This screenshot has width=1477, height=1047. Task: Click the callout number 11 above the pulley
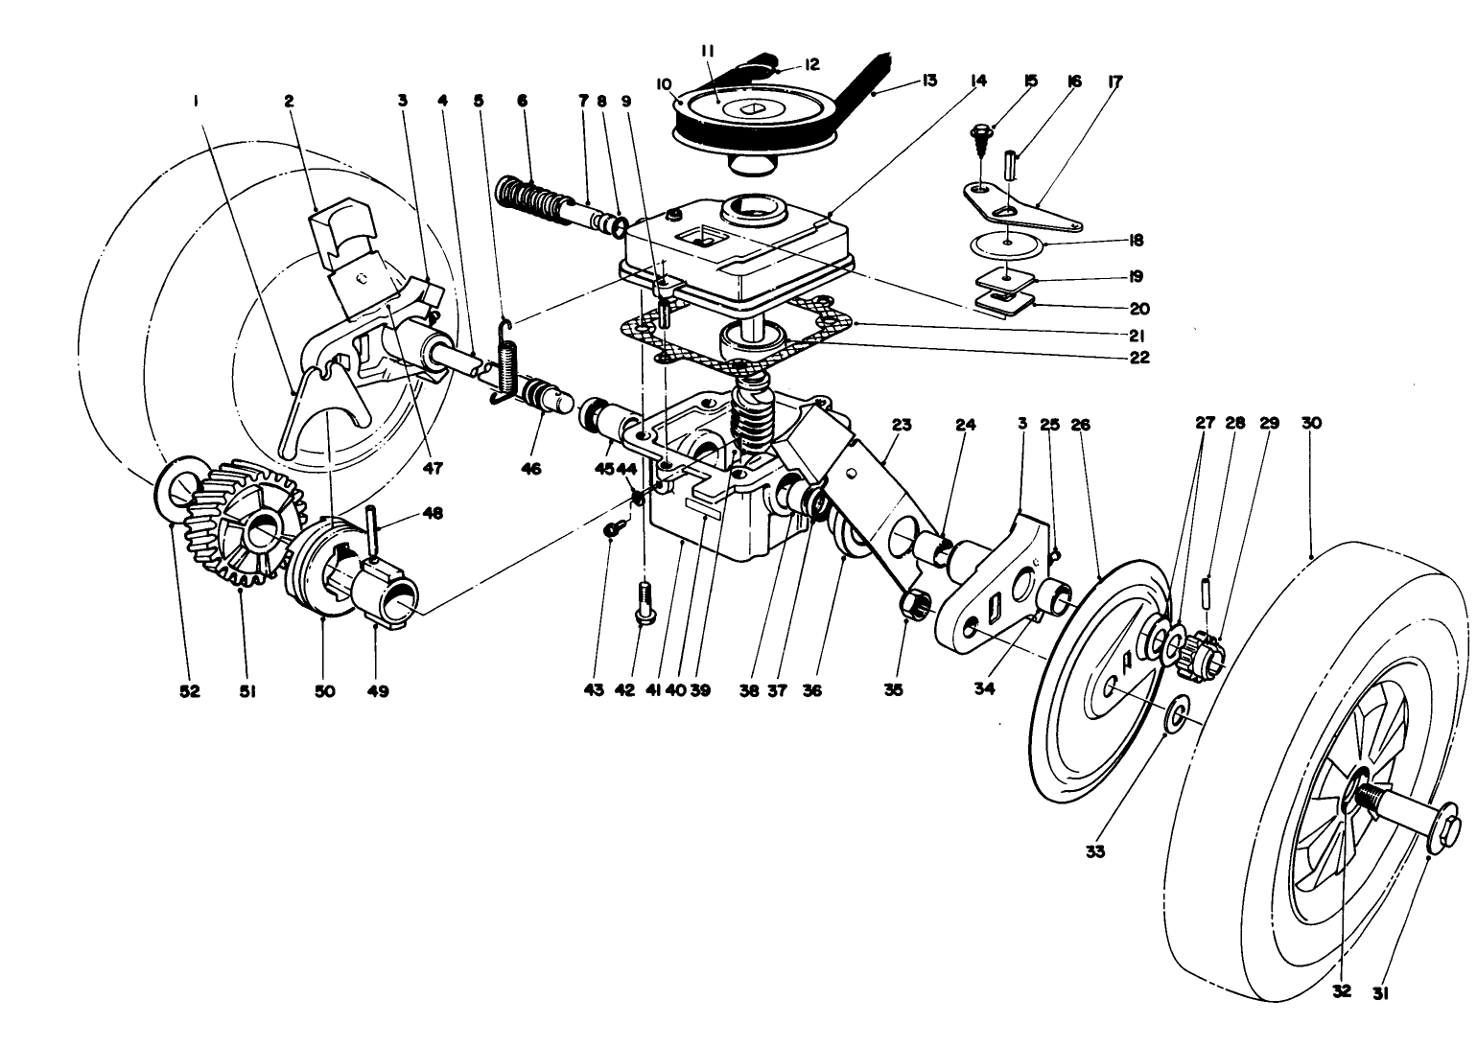click(706, 50)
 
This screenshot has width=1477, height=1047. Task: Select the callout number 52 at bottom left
click(189, 691)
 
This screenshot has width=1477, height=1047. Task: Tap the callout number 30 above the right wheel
click(1311, 423)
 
